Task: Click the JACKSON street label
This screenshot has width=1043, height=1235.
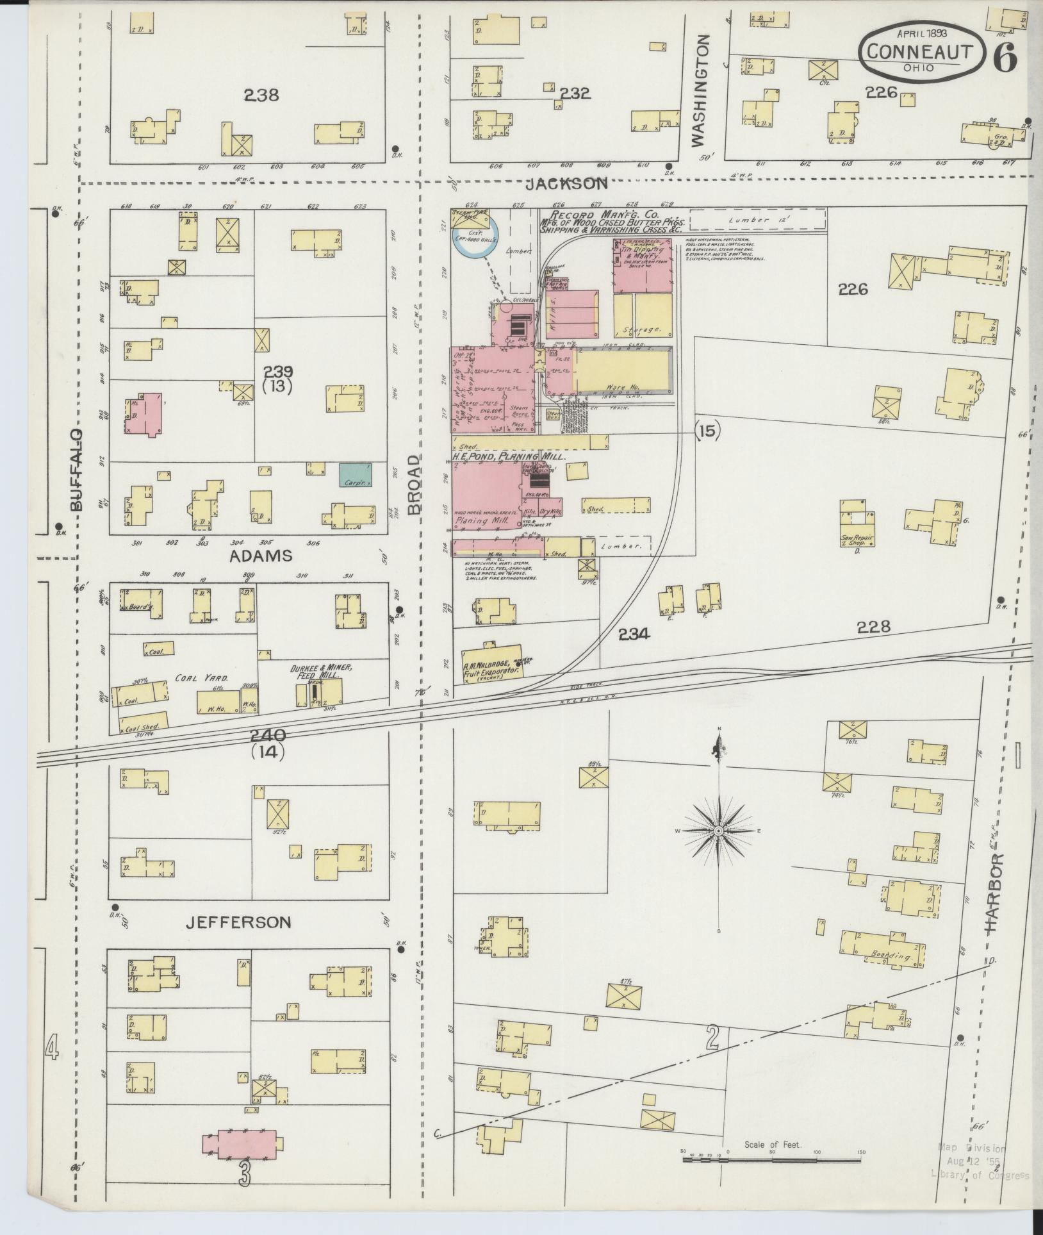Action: tap(566, 184)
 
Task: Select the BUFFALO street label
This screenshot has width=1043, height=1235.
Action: tap(76, 470)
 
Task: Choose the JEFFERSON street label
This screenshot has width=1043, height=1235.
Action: tap(238, 922)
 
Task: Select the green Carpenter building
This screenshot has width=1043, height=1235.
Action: tap(354, 475)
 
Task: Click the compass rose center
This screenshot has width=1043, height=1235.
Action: tap(719, 831)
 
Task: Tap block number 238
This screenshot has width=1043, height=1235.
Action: tap(261, 95)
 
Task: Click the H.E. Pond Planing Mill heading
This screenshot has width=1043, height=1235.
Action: tap(508, 457)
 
